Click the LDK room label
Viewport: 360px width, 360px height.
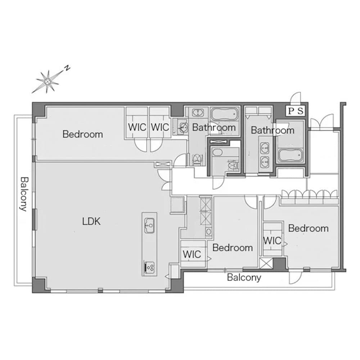tap(91, 221)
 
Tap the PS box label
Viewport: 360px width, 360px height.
tap(296, 111)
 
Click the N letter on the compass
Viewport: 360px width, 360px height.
tap(67, 68)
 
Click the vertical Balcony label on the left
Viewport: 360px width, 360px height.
tap(24, 194)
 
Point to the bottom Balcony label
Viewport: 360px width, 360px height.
tap(244, 277)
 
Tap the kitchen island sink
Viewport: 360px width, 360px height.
tap(149, 225)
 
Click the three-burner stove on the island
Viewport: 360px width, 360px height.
tap(149, 268)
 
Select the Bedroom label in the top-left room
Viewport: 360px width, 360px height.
tap(83, 134)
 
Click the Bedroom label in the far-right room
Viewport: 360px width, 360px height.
tap(309, 228)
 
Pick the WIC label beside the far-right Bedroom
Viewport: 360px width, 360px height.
tap(272, 240)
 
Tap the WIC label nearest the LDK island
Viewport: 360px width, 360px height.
tap(192, 254)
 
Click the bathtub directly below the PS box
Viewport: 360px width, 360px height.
tap(291, 156)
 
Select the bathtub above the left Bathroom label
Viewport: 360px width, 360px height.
tap(224, 114)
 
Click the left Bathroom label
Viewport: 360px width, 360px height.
tap(214, 127)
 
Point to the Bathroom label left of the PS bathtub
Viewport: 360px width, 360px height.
tap(273, 130)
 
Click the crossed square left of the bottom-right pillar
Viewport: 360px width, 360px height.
tap(266, 263)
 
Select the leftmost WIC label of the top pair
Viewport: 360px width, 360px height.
tap(137, 127)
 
